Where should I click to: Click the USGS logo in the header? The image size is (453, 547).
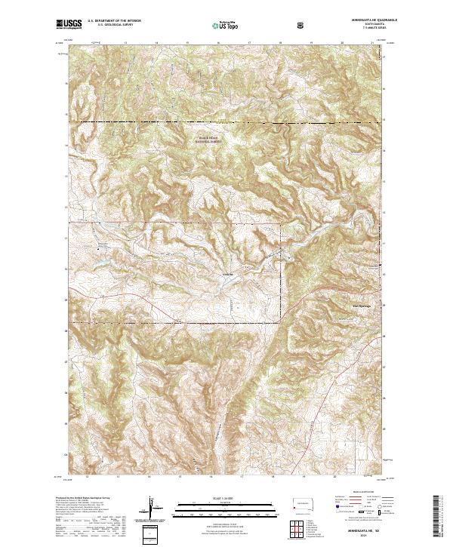click(69, 24)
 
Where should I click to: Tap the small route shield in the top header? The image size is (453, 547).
click(302, 25)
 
